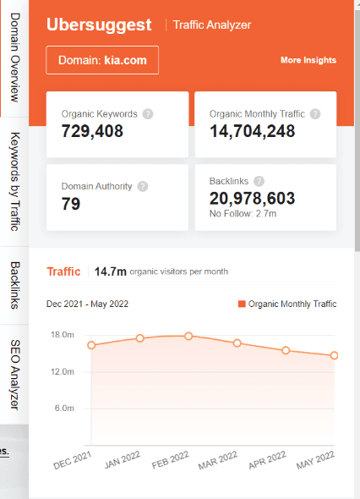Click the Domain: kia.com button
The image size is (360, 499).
tap(102, 60)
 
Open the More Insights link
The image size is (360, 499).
tap(308, 60)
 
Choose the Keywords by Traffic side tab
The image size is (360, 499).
tap(14, 180)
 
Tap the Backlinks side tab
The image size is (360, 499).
tap(14, 285)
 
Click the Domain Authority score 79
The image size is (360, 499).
tap(72, 203)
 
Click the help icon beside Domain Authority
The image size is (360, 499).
tap(143, 186)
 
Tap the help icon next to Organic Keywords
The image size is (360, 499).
tap(148, 113)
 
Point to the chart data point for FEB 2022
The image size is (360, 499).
tap(188, 336)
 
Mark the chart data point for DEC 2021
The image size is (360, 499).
tap(91, 345)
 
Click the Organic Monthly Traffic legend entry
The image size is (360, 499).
tap(287, 304)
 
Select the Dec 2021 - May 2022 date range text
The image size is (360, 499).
tap(87, 304)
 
